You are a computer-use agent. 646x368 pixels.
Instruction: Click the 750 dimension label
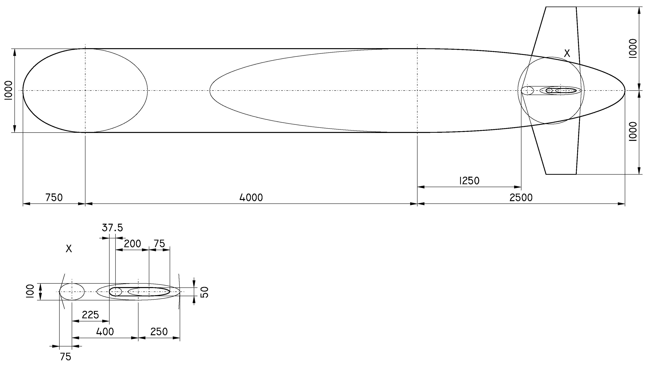coord(54,198)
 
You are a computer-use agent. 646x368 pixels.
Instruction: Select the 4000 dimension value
coord(251,198)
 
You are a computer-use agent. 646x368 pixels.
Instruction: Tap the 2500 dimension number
coord(521,198)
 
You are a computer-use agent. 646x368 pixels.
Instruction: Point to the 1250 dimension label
coord(469,181)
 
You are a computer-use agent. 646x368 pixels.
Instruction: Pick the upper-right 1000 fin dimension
coord(633,49)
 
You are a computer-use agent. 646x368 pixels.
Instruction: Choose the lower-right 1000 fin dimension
coord(633,131)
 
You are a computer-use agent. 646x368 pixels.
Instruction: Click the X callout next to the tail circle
coord(567,53)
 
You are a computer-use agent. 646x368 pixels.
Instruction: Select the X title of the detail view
coord(69,249)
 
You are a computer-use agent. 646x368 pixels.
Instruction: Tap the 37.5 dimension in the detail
coord(112,228)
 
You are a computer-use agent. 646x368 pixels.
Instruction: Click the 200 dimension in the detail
coord(132,244)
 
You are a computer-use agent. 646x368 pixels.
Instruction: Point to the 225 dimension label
coord(90,315)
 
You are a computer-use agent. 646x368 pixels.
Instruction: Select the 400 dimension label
coord(105,332)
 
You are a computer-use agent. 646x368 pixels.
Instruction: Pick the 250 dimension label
coord(159,332)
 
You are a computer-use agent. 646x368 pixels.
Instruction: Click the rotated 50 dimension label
coord(204,292)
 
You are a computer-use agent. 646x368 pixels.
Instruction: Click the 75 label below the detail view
coord(66,357)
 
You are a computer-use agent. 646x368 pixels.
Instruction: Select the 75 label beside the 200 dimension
coord(159,244)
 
